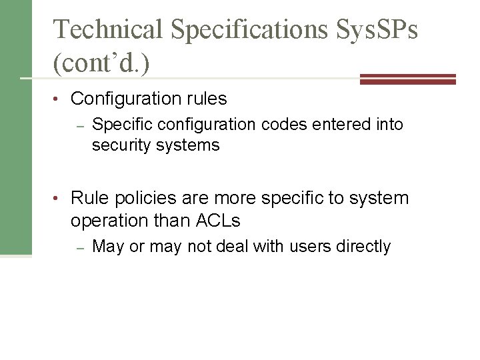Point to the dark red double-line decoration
[407, 79]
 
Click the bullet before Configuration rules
[61, 99]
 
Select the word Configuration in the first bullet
[125, 99]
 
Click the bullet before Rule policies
[61, 198]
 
